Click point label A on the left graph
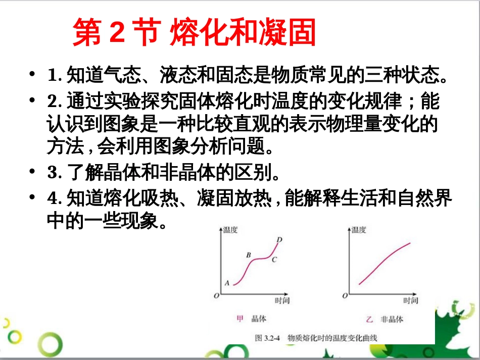(227, 283)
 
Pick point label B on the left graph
(249, 255)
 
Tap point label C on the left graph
(274, 260)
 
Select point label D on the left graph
(279, 239)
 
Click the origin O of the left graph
(216, 295)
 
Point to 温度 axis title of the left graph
(230, 230)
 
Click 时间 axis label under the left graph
(282, 301)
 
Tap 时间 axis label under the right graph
(411, 301)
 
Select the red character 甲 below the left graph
(241, 319)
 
